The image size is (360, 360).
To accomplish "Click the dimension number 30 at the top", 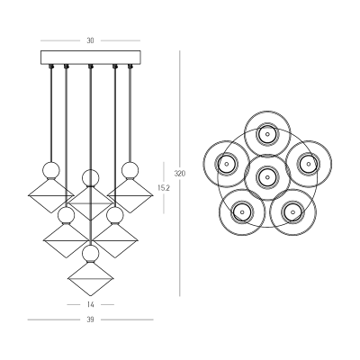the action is point(90,40).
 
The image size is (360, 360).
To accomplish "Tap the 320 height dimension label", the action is point(180,174).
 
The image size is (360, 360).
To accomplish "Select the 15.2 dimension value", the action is point(164,188).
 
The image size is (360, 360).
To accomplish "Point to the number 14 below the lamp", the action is point(90,305).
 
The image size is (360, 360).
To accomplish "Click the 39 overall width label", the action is point(90,319).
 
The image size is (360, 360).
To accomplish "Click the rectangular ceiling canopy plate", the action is point(91,58).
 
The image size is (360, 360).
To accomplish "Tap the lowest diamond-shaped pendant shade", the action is point(91,279).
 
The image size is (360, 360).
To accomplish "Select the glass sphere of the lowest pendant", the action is point(91,254).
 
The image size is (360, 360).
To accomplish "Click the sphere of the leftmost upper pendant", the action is point(51,170).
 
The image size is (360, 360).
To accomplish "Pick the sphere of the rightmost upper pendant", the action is point(130,170).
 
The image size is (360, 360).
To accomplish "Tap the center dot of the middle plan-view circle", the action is point(267,177).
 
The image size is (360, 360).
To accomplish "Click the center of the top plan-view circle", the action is point(267,134).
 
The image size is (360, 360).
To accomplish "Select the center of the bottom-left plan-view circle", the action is point(242,211).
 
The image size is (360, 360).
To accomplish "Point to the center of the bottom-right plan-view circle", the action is point(292,211).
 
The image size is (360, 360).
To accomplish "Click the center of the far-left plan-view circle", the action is point(227,164).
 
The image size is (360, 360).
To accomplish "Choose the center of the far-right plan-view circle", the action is point(309,164).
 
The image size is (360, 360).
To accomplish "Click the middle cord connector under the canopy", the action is point(91,66).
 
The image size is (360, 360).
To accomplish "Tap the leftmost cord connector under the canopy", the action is point(51,66).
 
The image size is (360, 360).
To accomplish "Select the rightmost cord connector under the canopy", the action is point(130,66).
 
